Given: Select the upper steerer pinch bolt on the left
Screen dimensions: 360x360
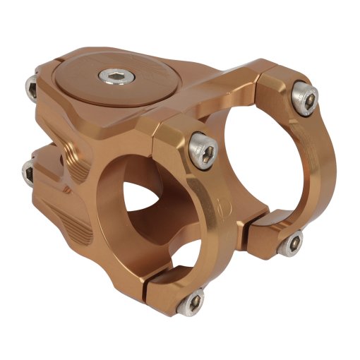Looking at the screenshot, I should coord(32,88).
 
